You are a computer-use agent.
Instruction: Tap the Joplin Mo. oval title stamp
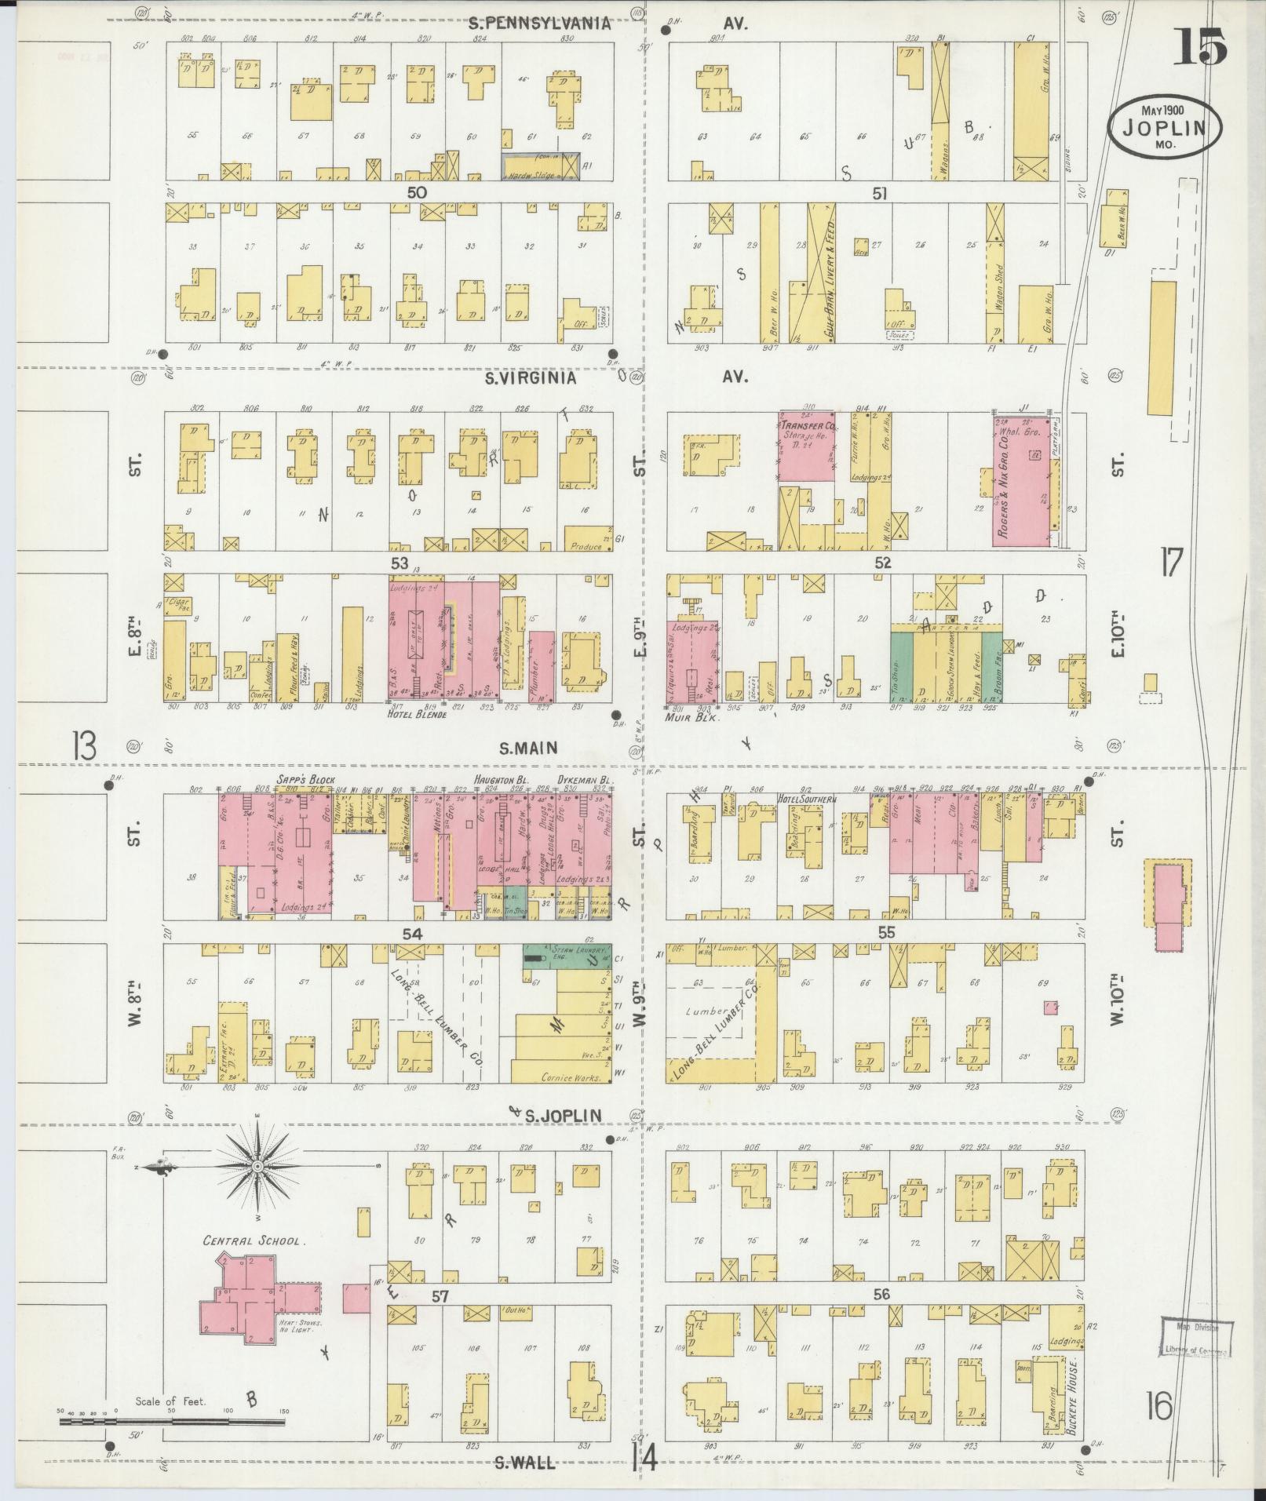click(x=1165, y=126)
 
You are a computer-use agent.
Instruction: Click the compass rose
click(x=257, y=1167)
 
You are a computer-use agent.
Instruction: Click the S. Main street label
click(x=528, y=747)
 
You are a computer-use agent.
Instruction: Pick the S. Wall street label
click(x=525, y=1463)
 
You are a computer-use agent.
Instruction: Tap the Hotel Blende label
click(x=417, y=715)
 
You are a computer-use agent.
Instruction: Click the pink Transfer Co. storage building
click(x=806, y=446)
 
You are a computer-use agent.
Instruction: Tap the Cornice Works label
click(x=571, y=1077)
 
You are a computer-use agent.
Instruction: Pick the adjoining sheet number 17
click(x=1171, y=563)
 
